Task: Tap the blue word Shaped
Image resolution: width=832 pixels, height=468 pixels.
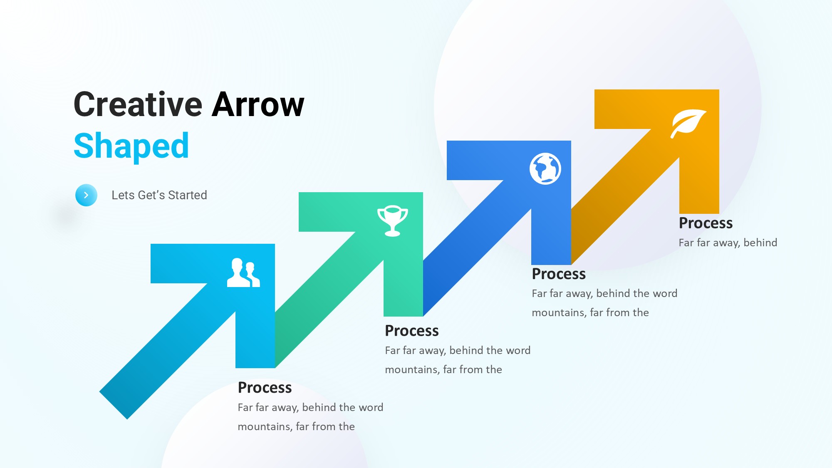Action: tap(131, 146)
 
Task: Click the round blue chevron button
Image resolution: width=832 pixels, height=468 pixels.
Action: tap(86, 195)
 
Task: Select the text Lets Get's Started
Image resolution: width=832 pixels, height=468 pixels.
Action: tap(159, 195)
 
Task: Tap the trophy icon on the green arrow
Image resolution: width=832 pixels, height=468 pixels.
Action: tap(392, 220)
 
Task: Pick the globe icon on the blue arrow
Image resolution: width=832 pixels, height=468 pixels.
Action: tap(545, 168)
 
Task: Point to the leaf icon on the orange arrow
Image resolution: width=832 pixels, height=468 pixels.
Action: tap(688, 123)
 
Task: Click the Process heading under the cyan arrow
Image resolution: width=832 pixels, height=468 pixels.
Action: tap(265, 387)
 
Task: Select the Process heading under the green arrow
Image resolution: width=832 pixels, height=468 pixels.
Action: tap(412, 331)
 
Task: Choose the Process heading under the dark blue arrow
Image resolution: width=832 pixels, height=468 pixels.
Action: tap(559, 274)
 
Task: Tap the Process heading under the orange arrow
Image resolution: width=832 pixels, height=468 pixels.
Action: tap(706, 223)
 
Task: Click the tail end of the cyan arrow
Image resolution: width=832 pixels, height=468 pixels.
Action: tap(113, 406)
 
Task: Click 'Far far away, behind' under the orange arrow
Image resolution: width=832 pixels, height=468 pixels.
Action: tap(728, 243)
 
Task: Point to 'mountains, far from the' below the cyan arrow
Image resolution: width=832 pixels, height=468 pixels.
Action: tap(296, 426)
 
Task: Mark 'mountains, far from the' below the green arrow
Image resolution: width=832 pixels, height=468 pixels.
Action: tap(443, 369)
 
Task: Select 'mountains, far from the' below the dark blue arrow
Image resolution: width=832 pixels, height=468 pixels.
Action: tap(590, 312)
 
